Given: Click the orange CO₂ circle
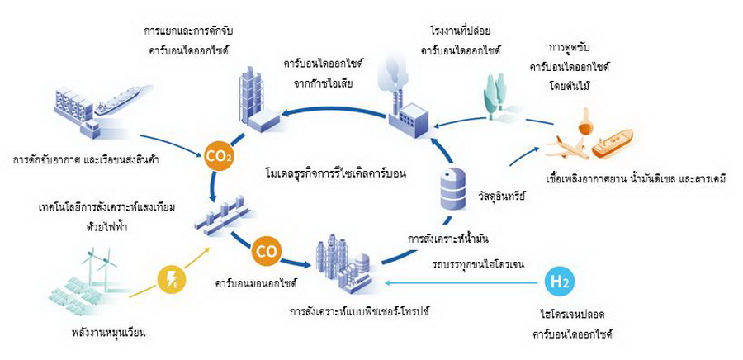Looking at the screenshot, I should pyautogui.click(x=219, y=154).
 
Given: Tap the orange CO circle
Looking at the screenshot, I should pyautogui.click(x=266, y=248).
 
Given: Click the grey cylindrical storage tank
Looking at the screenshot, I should pyautogui.click(x=450, y=187).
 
